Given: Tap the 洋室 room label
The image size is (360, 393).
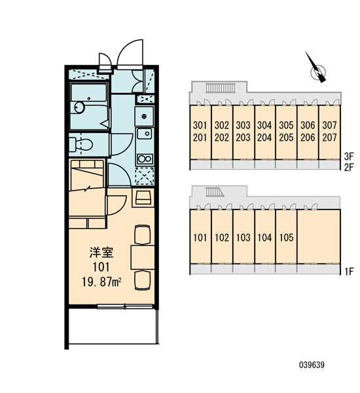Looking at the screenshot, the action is point(101,253).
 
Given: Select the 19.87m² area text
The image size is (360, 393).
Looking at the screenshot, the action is point(101,282).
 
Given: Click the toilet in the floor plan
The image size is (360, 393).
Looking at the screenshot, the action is point(81,144).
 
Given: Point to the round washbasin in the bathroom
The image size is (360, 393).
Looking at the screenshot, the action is point(79,108).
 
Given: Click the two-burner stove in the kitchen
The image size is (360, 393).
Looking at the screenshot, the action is point(145,159).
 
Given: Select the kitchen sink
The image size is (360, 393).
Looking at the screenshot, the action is point(145,134).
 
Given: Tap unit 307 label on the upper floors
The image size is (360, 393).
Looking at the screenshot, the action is point(329,125).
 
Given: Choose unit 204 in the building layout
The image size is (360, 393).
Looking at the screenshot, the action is point(264,138).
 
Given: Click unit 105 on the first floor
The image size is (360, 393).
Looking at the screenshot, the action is point(286,237).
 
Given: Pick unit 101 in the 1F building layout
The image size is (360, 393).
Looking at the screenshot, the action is point(200,237).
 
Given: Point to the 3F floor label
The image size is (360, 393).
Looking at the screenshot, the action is point(349,157).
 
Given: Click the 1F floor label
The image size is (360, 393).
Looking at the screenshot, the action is point(349,271).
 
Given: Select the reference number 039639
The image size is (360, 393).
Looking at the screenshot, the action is point(312,365).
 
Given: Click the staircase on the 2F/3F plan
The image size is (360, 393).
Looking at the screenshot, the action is point(221,88).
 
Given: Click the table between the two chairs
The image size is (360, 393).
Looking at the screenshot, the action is point(143,257).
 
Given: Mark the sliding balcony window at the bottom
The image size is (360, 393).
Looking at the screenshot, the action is point(125,307).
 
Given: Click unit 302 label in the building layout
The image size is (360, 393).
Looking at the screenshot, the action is point(221,125).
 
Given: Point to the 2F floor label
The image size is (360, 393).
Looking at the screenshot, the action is point(349,167).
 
